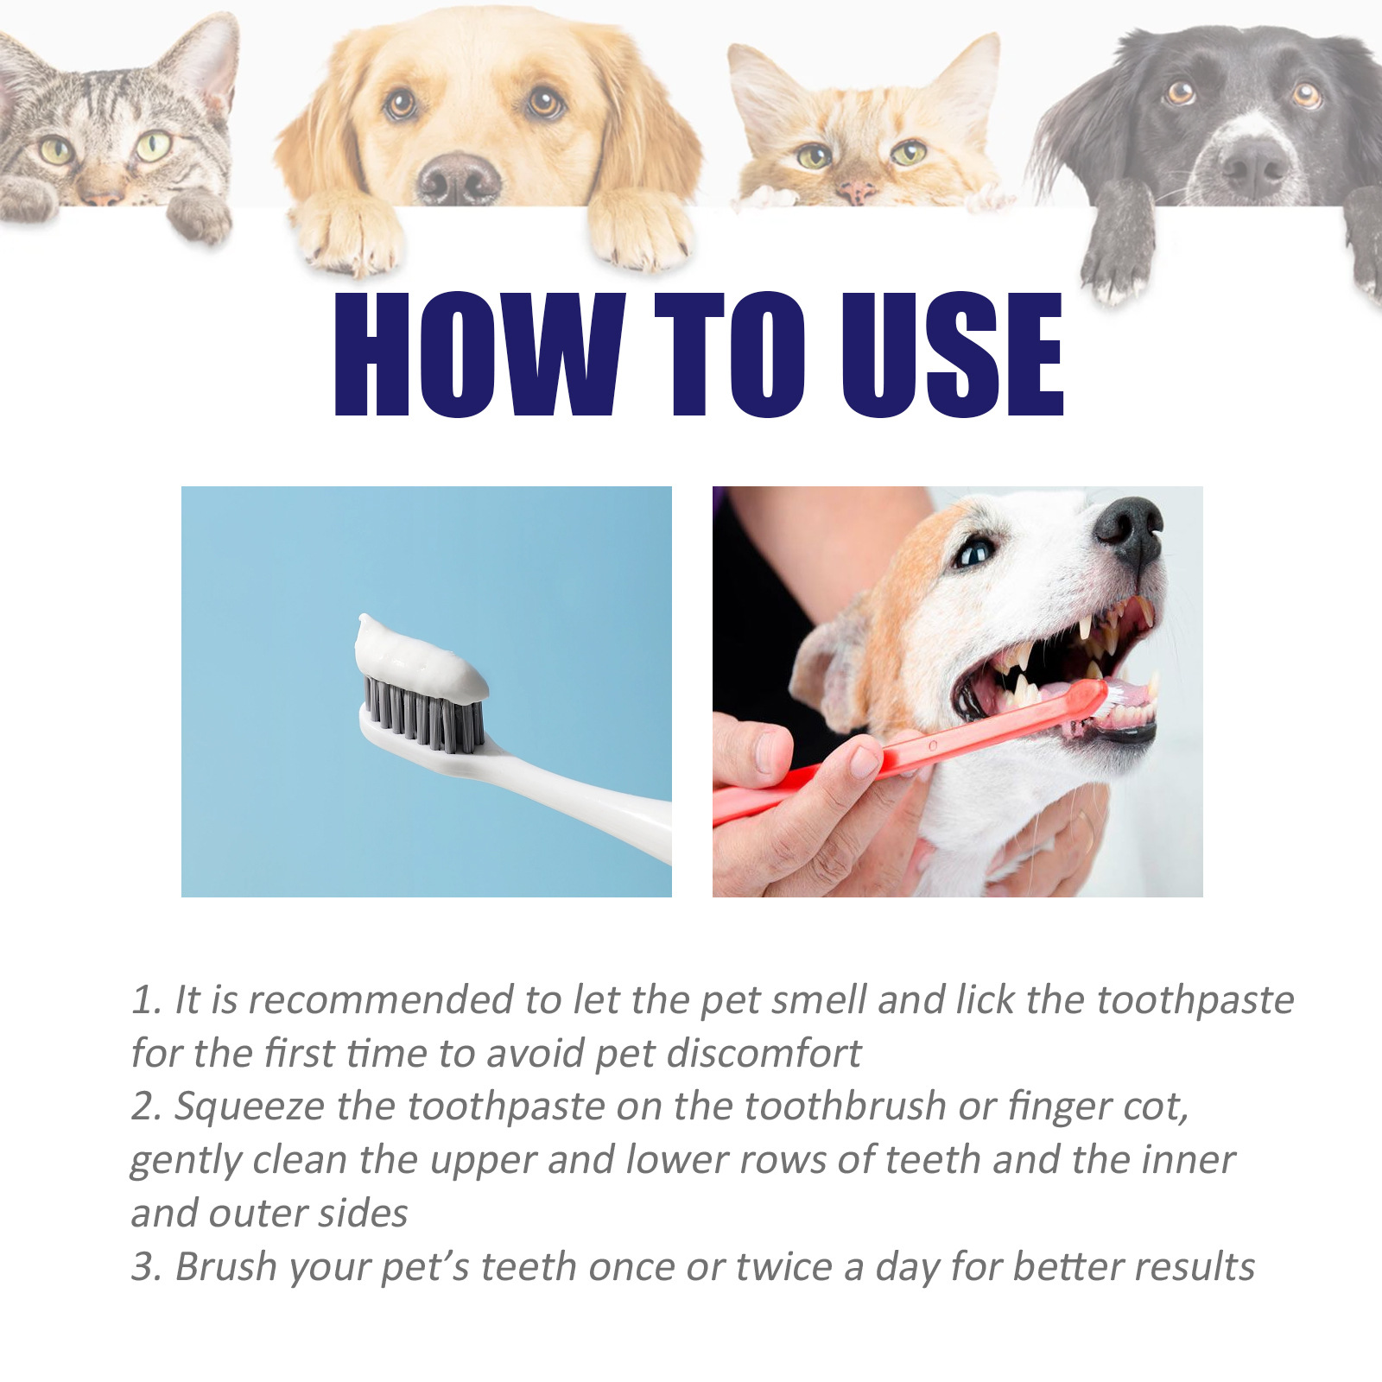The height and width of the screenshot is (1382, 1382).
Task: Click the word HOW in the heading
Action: [478, 354]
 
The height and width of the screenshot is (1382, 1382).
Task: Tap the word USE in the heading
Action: [952, 354]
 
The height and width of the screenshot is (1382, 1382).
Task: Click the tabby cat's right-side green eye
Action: [154, 146]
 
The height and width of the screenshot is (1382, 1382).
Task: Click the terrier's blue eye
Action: [974, 553]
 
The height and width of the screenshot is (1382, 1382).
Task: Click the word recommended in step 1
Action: [380, 1000]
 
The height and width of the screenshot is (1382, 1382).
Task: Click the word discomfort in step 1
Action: [764, 1054]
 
